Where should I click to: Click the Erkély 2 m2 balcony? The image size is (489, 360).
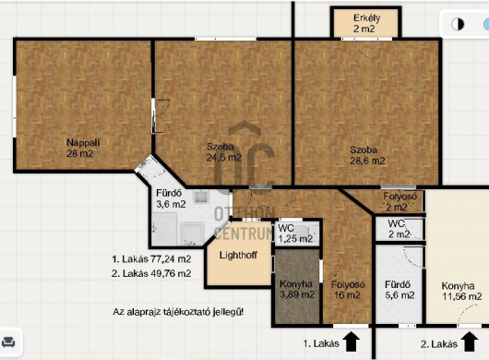(365, 23)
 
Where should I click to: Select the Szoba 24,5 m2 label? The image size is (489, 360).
(223, 152)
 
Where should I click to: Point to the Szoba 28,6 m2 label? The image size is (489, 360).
(367, 155)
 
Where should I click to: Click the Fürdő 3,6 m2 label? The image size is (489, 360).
(171, 198)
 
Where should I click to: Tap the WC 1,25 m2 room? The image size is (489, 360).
(295, 233)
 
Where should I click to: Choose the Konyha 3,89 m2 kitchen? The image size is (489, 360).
(297, 286)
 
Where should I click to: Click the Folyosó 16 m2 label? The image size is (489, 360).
(348, 290)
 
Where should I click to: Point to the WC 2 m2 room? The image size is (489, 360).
(400, 229)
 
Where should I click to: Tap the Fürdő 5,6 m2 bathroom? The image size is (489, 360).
(400, 284)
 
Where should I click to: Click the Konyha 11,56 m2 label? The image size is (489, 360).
(461, 291)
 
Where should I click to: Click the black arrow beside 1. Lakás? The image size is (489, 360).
(352, 342)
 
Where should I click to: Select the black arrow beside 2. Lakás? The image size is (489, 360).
(470, 342)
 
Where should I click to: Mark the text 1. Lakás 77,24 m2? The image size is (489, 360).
(151, 259)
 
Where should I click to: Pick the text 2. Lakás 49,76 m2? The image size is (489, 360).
(151, 273)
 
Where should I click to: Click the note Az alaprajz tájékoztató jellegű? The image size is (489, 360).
(178, 312)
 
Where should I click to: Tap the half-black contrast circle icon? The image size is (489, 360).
(458, 24)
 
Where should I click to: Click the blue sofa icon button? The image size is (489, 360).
(8, 342)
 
